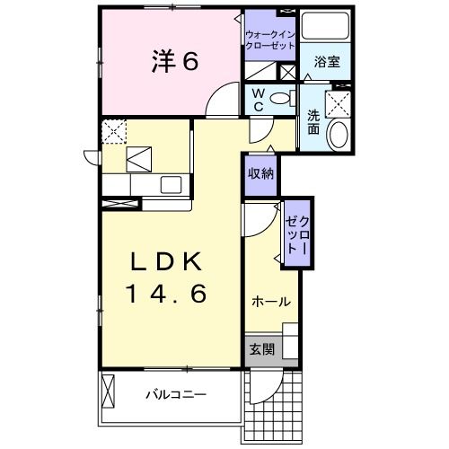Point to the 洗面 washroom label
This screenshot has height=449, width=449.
[313, 122]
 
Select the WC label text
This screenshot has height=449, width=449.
[257, 99]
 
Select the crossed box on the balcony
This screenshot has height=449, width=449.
[110, 392]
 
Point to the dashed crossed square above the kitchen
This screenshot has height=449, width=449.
[114, 132]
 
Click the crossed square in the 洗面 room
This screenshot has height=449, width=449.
[339, 104]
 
